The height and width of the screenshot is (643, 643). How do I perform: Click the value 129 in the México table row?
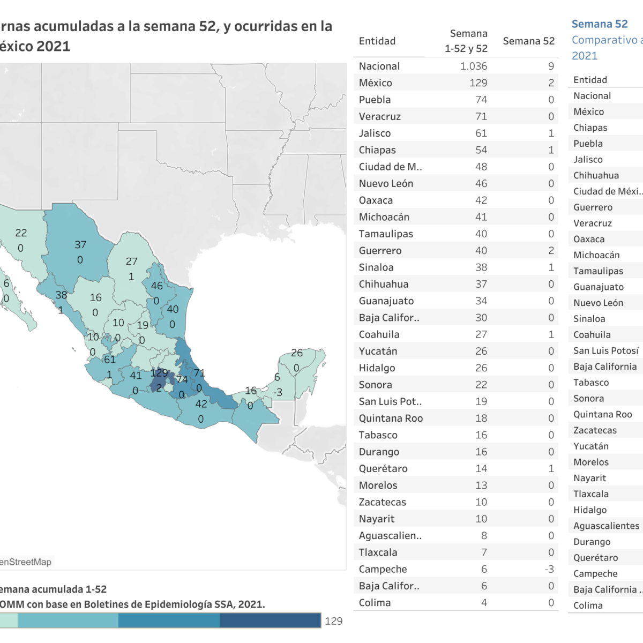(x=478, y=83)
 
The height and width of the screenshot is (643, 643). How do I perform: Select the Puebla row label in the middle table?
(x=375, y=100)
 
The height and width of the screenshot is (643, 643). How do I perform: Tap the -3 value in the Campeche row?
(x=549, y=569)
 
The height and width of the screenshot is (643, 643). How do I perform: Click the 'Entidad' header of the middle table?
(x=377, y=41)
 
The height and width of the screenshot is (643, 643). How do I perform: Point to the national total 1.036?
(x=474, y=66)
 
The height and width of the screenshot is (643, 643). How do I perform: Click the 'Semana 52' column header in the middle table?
(x=528, y=41)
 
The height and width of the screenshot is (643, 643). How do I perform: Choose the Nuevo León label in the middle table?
(x=386, y=184)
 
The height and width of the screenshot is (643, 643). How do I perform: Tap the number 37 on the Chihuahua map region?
(x=80, y=245)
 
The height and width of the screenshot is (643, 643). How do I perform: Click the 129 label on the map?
(x=159, y=373)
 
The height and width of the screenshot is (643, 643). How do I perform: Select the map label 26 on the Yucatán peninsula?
(x=297, y=353)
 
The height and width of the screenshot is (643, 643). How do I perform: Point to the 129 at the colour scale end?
(x=333, y=621)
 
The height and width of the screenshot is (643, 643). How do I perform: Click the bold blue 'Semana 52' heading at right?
(x=599, y=24)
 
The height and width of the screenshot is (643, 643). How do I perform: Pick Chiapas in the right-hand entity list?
(x=590, y=128)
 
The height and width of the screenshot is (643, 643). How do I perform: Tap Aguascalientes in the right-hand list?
(x=606, y=526)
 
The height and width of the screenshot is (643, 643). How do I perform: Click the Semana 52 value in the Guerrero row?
(x=551, y=251)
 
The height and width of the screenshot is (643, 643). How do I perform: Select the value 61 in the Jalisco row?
(x=481, y=133)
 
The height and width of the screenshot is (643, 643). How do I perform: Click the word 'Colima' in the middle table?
(x=375, y=603)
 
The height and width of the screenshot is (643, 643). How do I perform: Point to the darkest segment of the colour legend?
(x=270, y=620)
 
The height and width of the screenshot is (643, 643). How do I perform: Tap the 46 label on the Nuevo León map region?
(x=156, y=286)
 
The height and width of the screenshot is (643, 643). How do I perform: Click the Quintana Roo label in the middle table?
(x=391, y=418)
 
